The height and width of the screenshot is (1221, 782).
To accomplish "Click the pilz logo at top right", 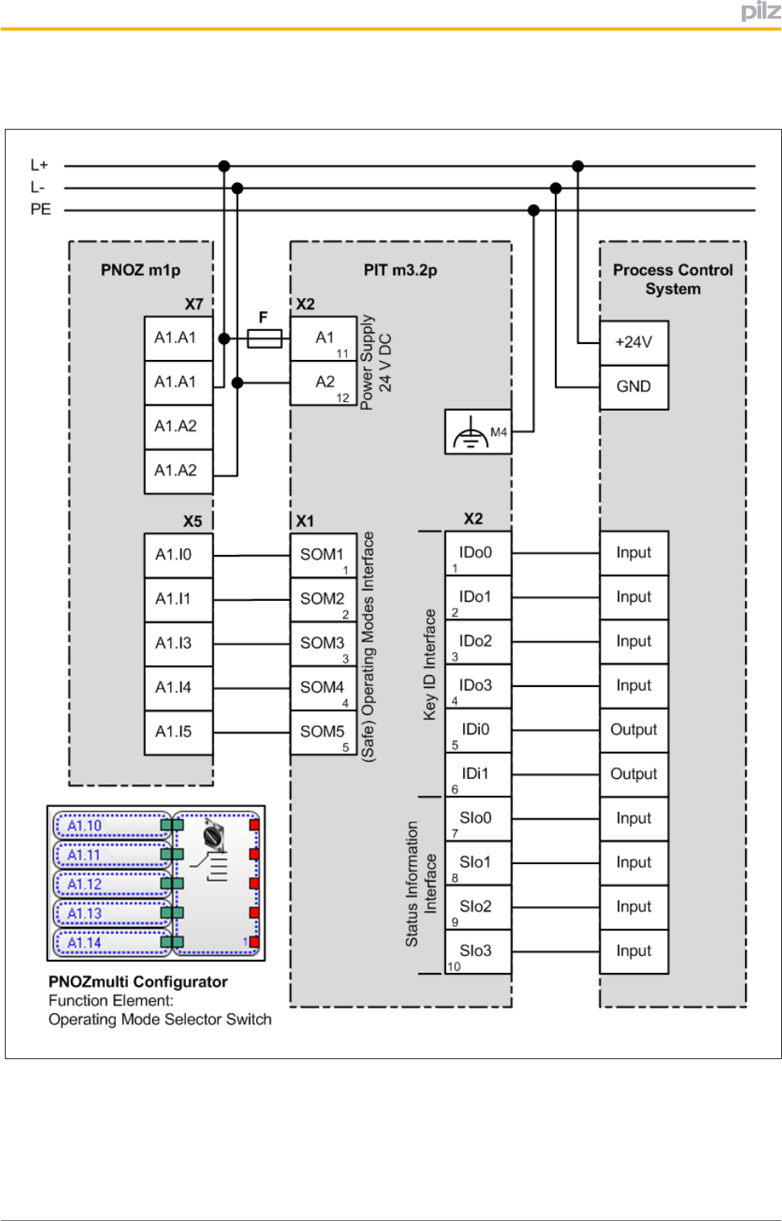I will (760, 11).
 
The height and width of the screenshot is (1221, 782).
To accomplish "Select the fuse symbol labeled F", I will (264, 338).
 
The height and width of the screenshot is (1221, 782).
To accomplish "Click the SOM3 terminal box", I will (323, 644).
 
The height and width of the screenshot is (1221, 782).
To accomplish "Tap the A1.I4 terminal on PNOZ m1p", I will (178, 688).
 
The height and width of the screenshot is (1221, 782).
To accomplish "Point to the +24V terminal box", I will (634, 342).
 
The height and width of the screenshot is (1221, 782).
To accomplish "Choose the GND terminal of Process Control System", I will (634, 387).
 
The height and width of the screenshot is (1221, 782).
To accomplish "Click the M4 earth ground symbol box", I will (478, 433).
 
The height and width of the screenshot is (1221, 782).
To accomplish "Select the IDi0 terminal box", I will (478, 730).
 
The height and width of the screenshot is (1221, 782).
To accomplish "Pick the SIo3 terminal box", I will (478, 951).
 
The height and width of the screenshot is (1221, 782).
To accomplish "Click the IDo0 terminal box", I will (478, 553).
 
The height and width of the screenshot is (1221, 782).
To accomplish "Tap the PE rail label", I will (40, 209).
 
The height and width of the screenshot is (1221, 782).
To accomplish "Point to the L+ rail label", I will (39, 165).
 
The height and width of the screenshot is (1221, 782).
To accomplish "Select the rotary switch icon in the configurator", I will (213, 834).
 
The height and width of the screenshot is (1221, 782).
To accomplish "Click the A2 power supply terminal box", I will (324, 383).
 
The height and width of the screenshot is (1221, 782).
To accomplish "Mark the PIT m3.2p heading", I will (400, 270).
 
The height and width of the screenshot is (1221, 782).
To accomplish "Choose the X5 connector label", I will (192, 521).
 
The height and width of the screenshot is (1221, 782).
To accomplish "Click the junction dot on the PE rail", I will (533, 210).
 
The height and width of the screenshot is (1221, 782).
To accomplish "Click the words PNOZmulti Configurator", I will (138, 982).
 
